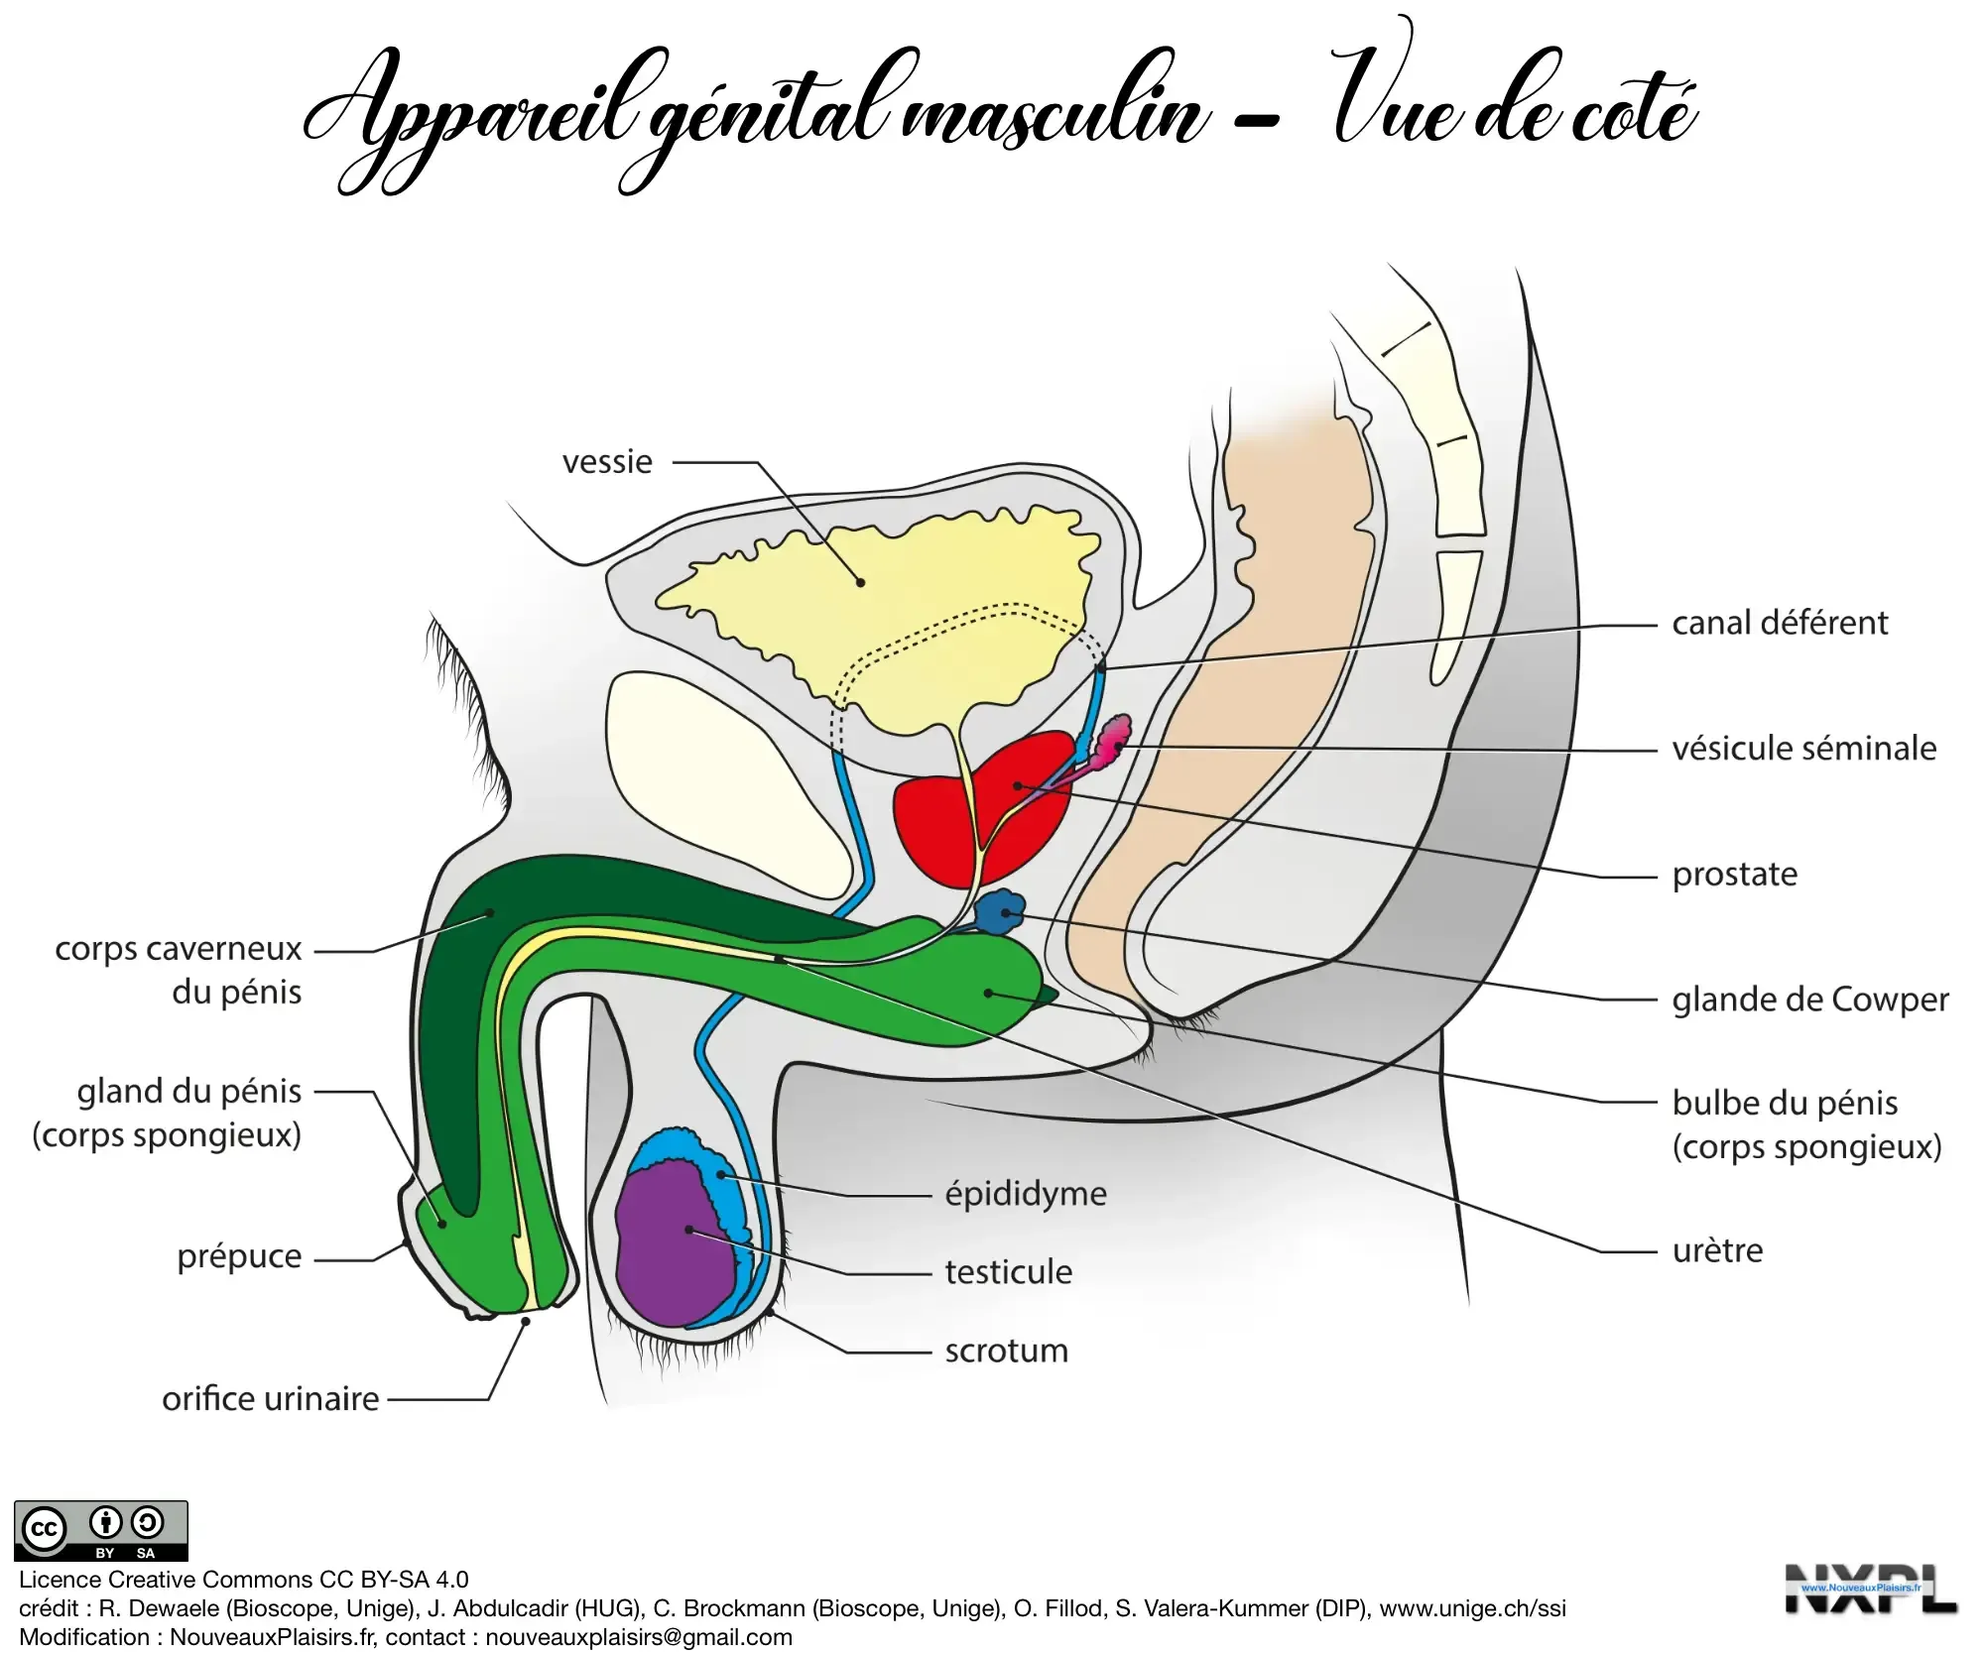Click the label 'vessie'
(x=607, y=462)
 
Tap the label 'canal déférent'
(x=1780, y=623)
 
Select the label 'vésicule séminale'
(x=1803, y=749)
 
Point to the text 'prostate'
(x=1734, y=875)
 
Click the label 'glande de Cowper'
(x=1809, y=1000)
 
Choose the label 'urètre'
(x=1717, y=1250)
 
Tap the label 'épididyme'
(x=1025, y=1194)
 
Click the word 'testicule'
(x=1008, y=1272)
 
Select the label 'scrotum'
(x=1006, y=1351)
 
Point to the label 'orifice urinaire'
(x=271, y=1399)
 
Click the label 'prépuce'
(x=239, y=1256)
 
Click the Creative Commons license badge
(x=101, y=1531)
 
